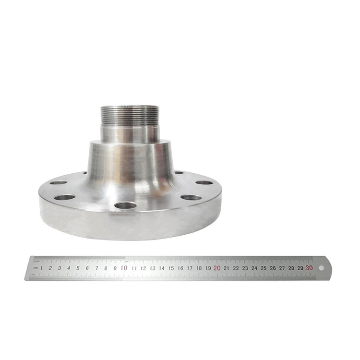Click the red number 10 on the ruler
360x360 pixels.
click(x=124, y=268)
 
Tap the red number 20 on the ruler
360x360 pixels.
click(x=217, y=268)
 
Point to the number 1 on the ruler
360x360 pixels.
click(x=41, y=268)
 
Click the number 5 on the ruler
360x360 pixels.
click(x=78, y=268)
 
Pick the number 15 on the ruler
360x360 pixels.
click(x=171, y=268)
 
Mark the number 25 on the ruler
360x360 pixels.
click(x=264, y=268)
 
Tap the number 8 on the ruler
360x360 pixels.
click(x=106, y=268)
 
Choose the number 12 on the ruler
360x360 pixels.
click(x=143, y=268)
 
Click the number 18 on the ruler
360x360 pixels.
click(x=199, y=268)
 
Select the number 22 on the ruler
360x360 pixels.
click(x=236, y=268)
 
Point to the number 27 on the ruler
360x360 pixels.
click(x=282, y=268)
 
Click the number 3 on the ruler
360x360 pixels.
click(x=60, y=268)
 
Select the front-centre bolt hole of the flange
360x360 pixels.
click(x=125, y=205)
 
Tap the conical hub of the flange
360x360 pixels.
click(x=130, y=163)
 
